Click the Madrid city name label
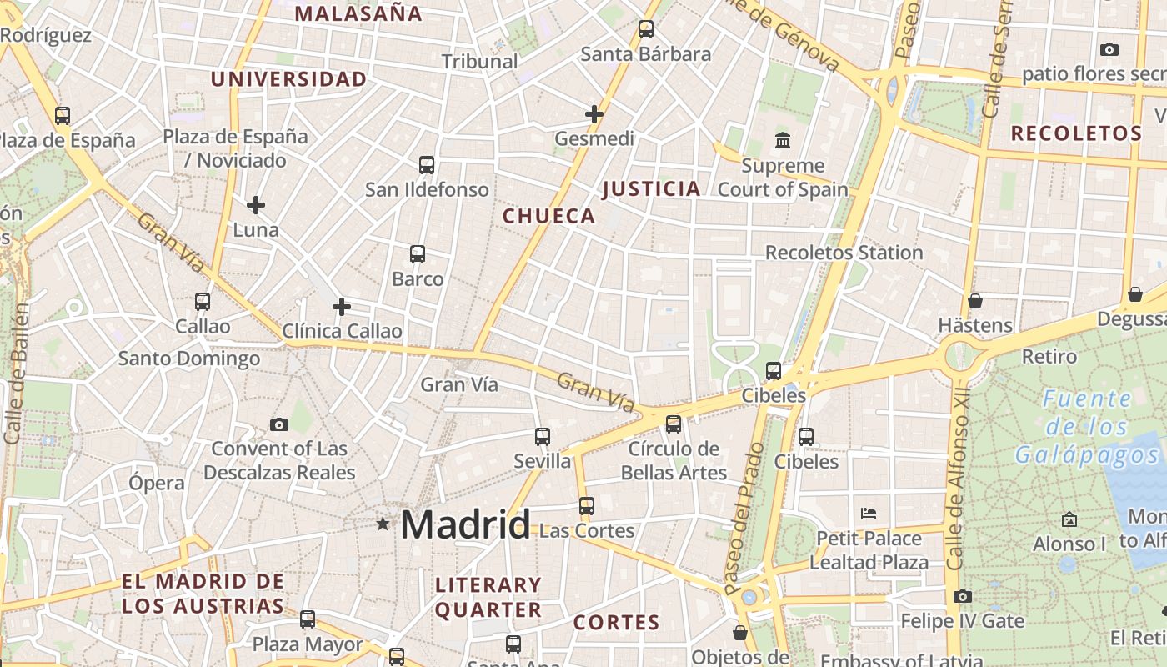click(465, 524)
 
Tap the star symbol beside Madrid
click(383, 524)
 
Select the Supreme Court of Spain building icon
click(783, 140)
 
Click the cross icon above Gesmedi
click(594, 113)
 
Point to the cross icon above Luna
click(256, 204)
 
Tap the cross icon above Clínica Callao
click(342, 307)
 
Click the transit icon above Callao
click(203, 301)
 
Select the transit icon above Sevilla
click(543, 436)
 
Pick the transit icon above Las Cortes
click(587, 505)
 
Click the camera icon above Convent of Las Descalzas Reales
click(279, 424)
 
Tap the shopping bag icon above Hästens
click(975, 300)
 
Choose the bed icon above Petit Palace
click(869, 513)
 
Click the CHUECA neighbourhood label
click(549, 216)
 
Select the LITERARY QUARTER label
click(488, 597)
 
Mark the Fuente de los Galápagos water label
click(1088, 427)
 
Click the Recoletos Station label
click(844, 253)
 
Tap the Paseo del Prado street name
click(744, 519)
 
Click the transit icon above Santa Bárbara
click(646, 29)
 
